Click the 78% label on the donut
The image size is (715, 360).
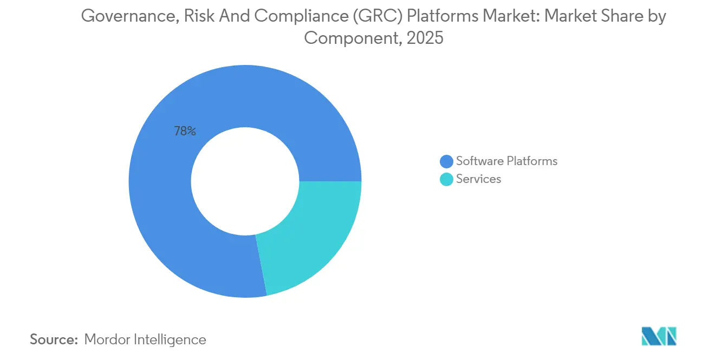click(185, 131)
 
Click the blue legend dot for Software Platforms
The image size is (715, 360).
click(447, 161)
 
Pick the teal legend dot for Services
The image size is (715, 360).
click(447, 179)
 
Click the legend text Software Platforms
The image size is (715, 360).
click(506, 161)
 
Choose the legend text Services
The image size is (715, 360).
click(478, 179)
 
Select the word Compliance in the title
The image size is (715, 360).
click(302, 16)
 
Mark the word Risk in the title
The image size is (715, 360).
click(199, 16)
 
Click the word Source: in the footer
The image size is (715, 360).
click(54, 340)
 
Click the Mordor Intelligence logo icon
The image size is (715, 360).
click(659, 337)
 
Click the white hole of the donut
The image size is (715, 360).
click(245, 181)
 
